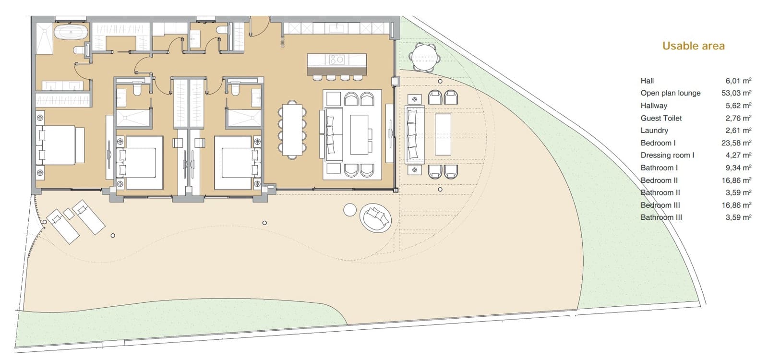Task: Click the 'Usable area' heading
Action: [693, 46]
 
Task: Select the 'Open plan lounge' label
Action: [670, 93]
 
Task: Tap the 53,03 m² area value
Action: [736, 93]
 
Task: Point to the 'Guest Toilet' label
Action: [661, 118]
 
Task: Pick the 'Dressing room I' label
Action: [667, 156]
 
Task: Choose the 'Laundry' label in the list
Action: [654, 131]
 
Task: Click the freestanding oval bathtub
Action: [71, 33]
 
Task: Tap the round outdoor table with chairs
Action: [425, 57]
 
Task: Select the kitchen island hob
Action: [336, 60]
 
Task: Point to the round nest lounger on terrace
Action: [376, 218]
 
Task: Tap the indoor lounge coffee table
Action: [359, 134]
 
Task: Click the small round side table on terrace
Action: [350, 209]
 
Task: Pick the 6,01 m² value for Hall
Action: [738, 81]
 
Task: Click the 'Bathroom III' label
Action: [661, 217]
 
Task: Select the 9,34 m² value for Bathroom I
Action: [738, 168]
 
